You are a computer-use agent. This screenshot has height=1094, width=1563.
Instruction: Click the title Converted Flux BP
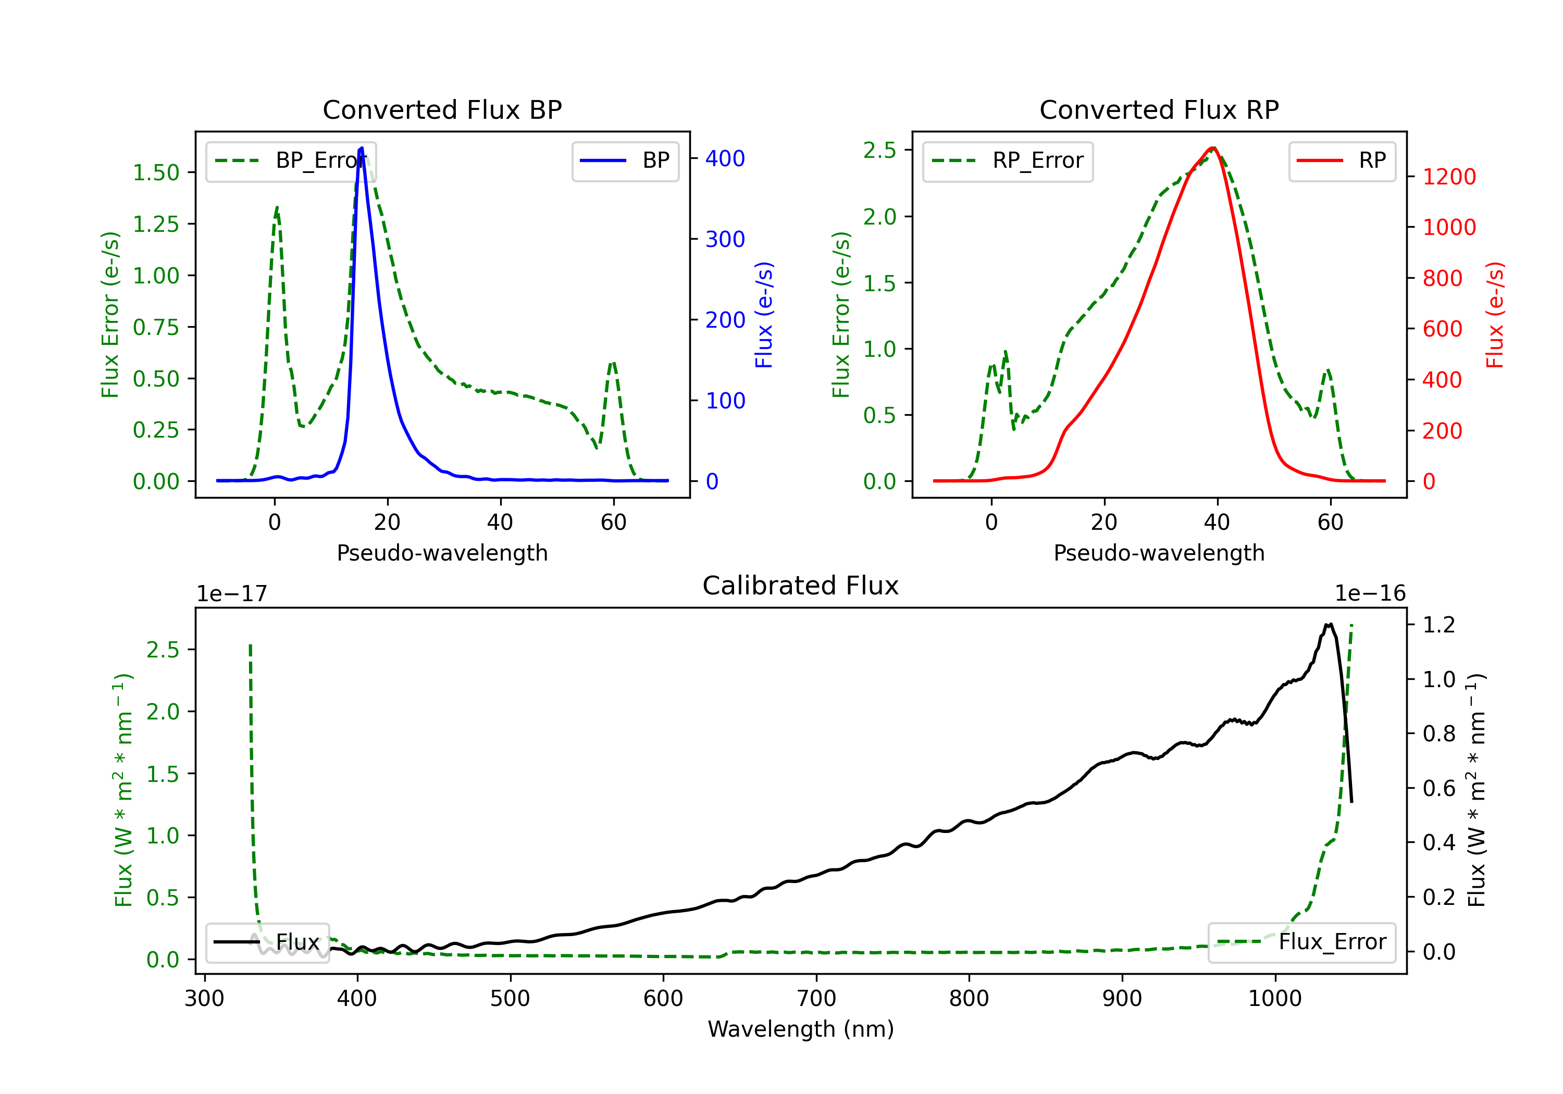442,109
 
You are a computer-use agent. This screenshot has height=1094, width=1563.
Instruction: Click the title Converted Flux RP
1159,109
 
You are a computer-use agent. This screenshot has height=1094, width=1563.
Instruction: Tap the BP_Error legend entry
291,160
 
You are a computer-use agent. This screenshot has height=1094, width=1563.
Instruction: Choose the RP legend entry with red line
1341,160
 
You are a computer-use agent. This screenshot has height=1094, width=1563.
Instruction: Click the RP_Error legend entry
1008,160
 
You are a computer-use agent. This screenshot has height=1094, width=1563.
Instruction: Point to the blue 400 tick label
725,158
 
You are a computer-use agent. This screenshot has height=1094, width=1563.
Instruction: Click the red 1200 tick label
1449,177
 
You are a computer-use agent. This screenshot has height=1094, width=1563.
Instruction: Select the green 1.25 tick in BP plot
156,224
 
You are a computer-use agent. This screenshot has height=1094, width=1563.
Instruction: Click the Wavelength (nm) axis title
801,1029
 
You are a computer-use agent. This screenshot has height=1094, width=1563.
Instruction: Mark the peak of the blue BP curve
362,148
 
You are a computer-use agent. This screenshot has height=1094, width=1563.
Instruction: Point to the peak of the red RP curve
1213,148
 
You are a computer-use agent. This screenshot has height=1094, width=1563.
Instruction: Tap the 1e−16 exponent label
1370,594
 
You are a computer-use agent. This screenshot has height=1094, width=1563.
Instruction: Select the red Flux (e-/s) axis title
1494,315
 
